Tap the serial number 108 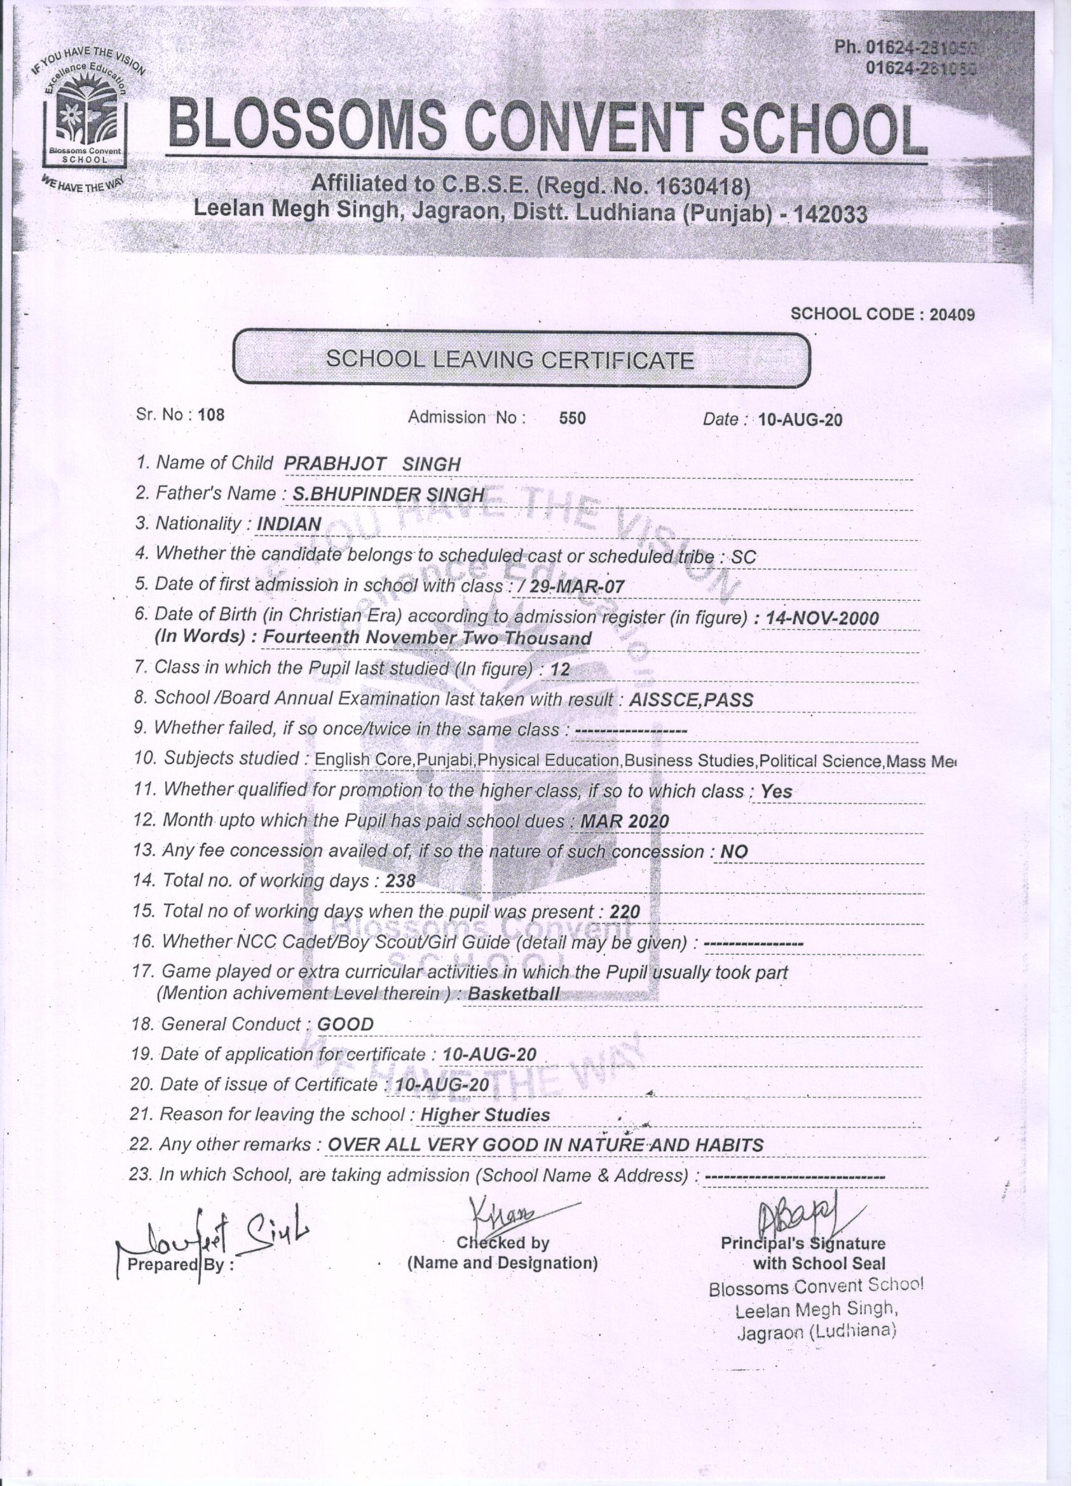point(210,415)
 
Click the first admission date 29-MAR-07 point(574,587)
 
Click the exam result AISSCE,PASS point(691,700)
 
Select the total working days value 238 point(400,882)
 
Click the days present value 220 point(624,912)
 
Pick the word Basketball point(514,994)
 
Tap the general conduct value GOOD point(345,1025)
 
